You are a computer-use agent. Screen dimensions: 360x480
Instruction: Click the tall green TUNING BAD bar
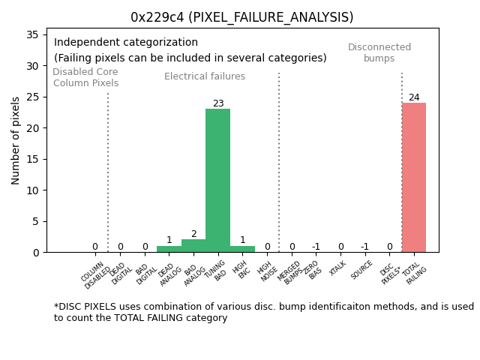coord(217,180)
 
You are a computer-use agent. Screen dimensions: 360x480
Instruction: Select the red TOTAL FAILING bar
coord(413,177)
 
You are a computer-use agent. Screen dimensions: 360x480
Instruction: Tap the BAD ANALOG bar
coord(193,246)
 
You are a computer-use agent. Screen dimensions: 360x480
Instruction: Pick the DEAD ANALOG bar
coord(169,249)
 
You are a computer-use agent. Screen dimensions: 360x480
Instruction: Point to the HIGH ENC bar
coord(242,249)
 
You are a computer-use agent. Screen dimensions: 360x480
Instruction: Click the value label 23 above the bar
coord(218,103)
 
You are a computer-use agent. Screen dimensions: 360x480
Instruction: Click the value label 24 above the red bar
coord(414,97)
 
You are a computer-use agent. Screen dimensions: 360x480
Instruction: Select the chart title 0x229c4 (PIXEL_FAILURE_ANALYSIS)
coord(241,17)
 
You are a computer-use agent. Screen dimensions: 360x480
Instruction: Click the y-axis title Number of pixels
coord(16,141)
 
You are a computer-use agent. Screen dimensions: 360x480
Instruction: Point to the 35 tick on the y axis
coord(33,34)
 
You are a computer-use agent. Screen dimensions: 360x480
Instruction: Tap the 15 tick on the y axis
coord(33,159)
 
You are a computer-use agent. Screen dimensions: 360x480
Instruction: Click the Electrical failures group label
coord(205,76)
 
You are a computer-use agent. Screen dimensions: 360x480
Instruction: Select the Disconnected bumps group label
coord(379,52)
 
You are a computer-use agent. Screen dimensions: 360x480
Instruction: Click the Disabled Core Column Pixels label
coord(85,77)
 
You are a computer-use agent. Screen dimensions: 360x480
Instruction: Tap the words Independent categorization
coord(126,43)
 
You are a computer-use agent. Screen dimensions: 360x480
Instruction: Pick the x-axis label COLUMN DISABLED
coord(96,274)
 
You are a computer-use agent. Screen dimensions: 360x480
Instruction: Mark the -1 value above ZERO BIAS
coord(316,247)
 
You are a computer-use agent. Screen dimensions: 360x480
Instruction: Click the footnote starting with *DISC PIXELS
coord(263,312)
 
